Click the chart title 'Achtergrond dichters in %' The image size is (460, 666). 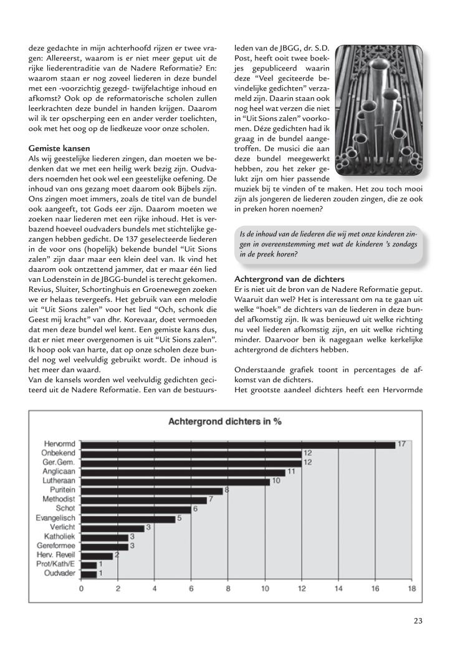[226, 422]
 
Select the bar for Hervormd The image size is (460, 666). [238, 445]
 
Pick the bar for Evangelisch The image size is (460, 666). [128, 518]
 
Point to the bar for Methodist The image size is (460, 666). [144, 499]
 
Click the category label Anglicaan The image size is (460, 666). [60, 472]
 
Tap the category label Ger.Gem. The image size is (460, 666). [60, 463]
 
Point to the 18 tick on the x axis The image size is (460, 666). [411, 587]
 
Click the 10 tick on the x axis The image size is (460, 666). [265, 587]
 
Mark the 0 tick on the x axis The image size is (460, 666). [82, 587]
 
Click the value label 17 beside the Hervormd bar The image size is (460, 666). [402, 444]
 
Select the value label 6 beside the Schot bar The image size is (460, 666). [196, 509]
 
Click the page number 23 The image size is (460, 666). [418, 620]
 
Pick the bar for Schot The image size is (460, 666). [136, 509]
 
